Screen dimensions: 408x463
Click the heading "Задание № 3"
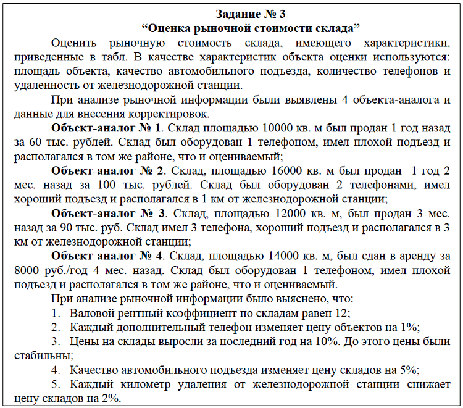(x=251, y=14)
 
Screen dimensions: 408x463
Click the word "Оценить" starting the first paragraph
(x=73, y=43)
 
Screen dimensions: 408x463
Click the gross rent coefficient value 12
(x=344, y=313)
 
